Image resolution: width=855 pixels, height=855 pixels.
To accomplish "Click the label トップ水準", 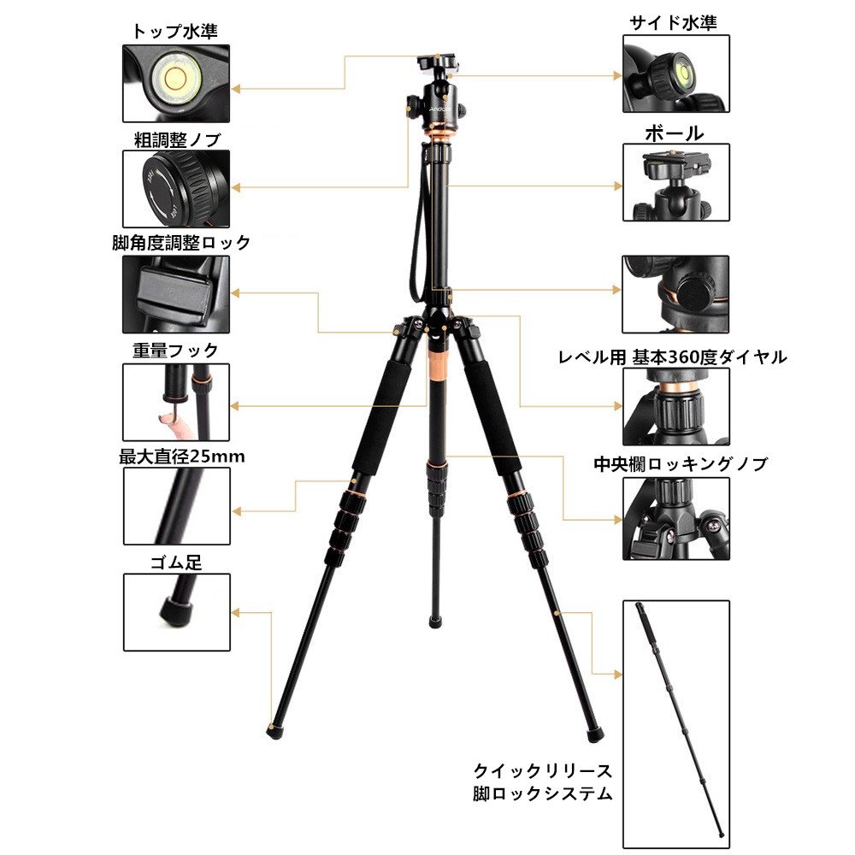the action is click(x=175, y=31).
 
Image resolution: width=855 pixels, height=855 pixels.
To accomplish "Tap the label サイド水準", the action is click(x=673, y=22).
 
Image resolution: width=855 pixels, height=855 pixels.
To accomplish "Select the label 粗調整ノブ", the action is click(x=177, y=139).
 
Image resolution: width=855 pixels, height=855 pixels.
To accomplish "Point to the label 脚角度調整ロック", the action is click(x=181, y=242).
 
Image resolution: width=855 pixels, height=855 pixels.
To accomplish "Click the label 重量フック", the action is click(x=175, y=350).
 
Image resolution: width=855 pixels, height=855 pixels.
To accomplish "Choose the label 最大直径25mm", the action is click(x=181, y=457).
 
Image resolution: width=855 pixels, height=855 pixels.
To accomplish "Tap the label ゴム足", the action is click(x=176, y=563).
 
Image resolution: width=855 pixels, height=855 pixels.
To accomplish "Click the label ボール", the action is click(x=675, y=133).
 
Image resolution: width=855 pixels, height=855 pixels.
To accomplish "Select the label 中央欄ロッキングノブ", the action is click(x=681, y=464).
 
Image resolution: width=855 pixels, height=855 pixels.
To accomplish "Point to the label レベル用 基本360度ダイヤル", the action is click(x=672, y=357).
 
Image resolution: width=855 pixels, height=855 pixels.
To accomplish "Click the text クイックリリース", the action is click(x=543, y=771).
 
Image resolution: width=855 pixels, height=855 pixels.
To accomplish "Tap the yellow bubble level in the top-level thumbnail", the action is click(x=174, y=78).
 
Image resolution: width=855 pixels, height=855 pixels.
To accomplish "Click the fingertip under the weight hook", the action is click(x=174, y=426).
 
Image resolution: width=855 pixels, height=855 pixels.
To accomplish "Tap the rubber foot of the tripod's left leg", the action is click(x=274, y=730).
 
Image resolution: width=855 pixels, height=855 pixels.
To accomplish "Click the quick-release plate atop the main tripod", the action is click(x=438, y=62).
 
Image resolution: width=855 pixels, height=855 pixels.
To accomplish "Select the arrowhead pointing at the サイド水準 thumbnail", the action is click(x=618, y=76).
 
